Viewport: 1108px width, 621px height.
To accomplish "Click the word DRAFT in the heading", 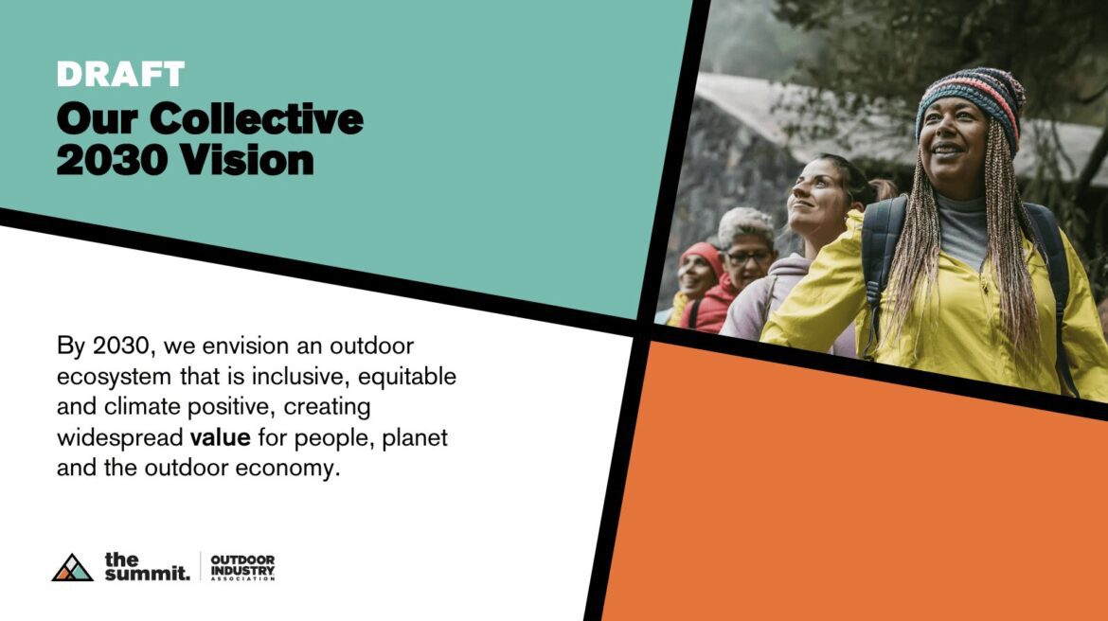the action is (x=120, y=74).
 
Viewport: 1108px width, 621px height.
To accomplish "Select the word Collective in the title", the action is (x=257, y=118).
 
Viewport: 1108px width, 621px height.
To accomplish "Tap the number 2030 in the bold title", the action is (x=113, y=160).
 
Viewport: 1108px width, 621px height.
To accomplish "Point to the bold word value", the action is (x=220, y=437).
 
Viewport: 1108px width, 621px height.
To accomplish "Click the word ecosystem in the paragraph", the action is (x=114, y=378).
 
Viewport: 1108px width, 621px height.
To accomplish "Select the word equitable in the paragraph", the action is (x=407, y=377).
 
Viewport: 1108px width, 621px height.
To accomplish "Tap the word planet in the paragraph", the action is (x=415, y=438).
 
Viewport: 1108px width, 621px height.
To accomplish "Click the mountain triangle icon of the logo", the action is (x=72, y=567).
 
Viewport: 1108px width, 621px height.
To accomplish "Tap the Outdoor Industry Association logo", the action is (x=242, y=567).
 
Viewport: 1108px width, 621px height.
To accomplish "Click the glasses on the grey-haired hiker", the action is (x=749, y=257).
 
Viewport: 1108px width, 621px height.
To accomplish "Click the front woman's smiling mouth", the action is (x=946, y=151).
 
